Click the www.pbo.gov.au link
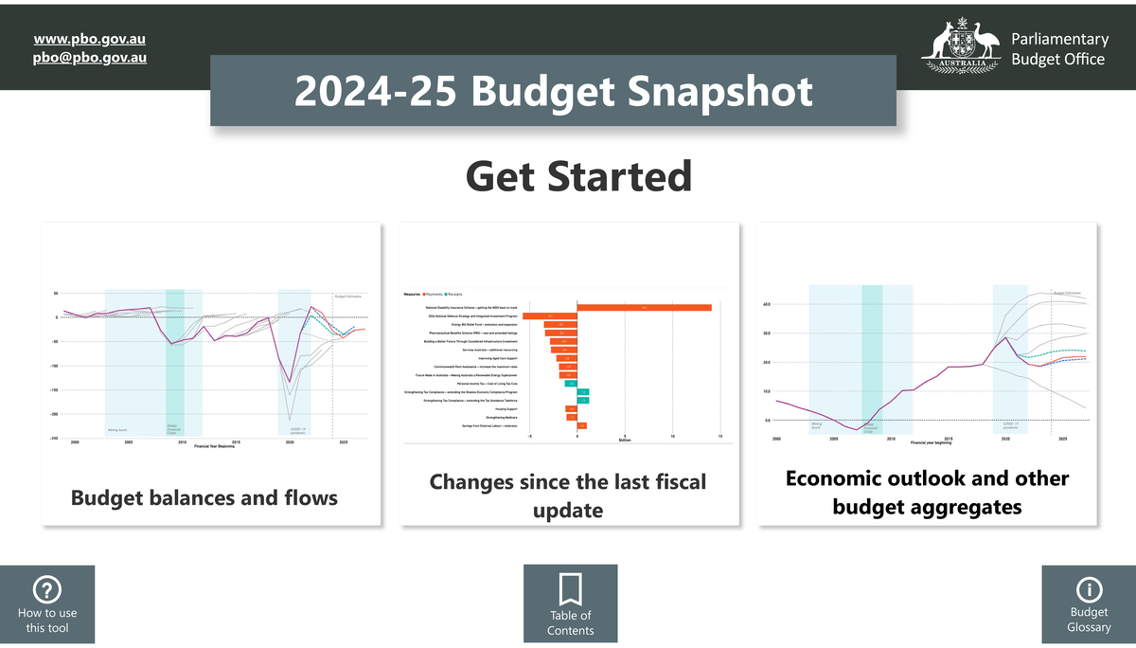click(x=89, y=39)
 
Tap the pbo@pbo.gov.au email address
click(x=89, y=57)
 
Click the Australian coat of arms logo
click(x=962, y=44)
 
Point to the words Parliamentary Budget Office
click(x=1058, y=49)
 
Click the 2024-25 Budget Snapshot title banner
click(x=553, y=92)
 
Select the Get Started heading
click(x=578, y=176)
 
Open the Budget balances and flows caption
click(x=204, y=497)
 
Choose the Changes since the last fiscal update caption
click(x=568, y=495)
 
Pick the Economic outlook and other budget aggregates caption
click(x=927, y=492)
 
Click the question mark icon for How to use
click(x=46, y=590)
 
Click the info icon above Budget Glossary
click(x=1089, y=590)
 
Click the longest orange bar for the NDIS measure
click(x=644, y=308)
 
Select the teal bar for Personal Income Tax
click(x=570, y=384)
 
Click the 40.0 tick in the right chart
click(x=767, y=304)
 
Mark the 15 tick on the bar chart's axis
click(x=720, y=436)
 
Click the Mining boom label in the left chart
click(x=117, y=429)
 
